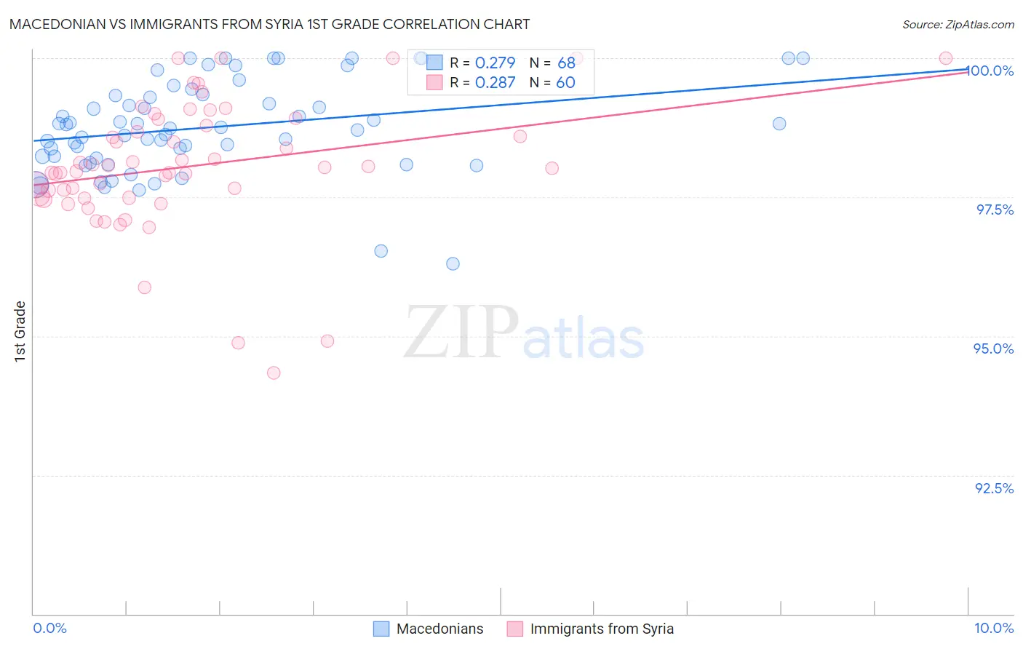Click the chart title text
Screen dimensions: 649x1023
pos(269,24)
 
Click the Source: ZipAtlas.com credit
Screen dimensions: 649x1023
pos(958,24)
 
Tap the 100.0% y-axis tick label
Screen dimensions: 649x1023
pos(991,71)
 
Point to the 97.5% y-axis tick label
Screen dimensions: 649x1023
pos(995,210)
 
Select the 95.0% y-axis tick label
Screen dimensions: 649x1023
pos(993,349)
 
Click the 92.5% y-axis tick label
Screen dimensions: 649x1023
pos(994,488)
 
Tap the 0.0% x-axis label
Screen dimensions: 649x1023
pos(49,628)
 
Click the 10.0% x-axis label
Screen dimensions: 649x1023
pos(993,628)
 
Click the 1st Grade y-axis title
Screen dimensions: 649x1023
pos(20,330)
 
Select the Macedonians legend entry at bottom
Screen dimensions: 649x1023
pos(439,629)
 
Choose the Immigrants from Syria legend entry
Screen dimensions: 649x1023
pos(601,629)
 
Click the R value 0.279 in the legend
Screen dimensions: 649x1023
pos(495,63)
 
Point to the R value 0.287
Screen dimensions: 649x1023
pos(495,82)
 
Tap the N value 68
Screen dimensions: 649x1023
pos(566,63)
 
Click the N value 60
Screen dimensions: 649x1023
pos(565,82)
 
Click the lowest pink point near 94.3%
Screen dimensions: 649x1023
pos(274,373)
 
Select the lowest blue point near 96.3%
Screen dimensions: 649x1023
pos(453,263)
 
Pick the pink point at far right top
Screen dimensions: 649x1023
pos(945,58)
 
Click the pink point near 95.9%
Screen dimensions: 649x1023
pos(145,287)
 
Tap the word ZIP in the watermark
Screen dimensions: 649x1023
pos(461,332)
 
